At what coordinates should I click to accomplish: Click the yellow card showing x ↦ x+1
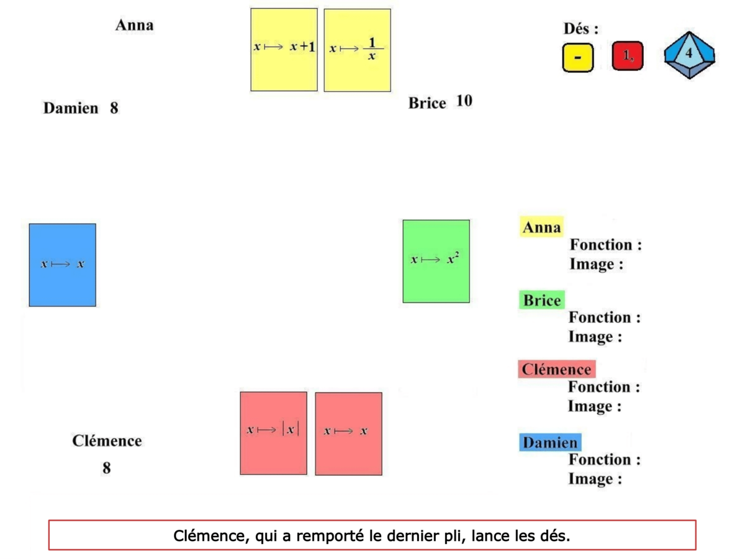[x=284, y=50]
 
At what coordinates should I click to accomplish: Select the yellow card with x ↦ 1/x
[x=357, y=50]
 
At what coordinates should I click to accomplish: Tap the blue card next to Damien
[x=62, y=265]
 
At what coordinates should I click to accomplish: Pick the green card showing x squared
[x=436, y=261]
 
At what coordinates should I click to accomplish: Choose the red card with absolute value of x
[x=273, y=433]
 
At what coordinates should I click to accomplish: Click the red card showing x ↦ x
[x=348, y=434]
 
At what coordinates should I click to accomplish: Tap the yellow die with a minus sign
[x=578, y=57]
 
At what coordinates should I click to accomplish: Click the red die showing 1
[x=628, y=56]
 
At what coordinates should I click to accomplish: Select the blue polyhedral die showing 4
[x=689, y=55]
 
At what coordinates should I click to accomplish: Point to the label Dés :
[x=580, y=29]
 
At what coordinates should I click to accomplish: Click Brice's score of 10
[x=464, y=101]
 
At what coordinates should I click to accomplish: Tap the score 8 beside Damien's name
[x=114, y=108]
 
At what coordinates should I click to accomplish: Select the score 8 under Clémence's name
[x=107, y=468]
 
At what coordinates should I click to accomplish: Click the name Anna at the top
[x=134, y=25]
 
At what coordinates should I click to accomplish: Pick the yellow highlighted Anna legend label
[x=541, y=227]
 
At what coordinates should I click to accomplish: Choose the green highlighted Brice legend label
[x=541, y=301]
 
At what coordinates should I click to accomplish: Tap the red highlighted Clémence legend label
[x=556, y=370]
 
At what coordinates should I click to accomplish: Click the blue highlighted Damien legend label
[x=549, y=443]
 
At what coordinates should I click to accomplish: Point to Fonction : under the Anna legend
[x=605, y=245]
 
